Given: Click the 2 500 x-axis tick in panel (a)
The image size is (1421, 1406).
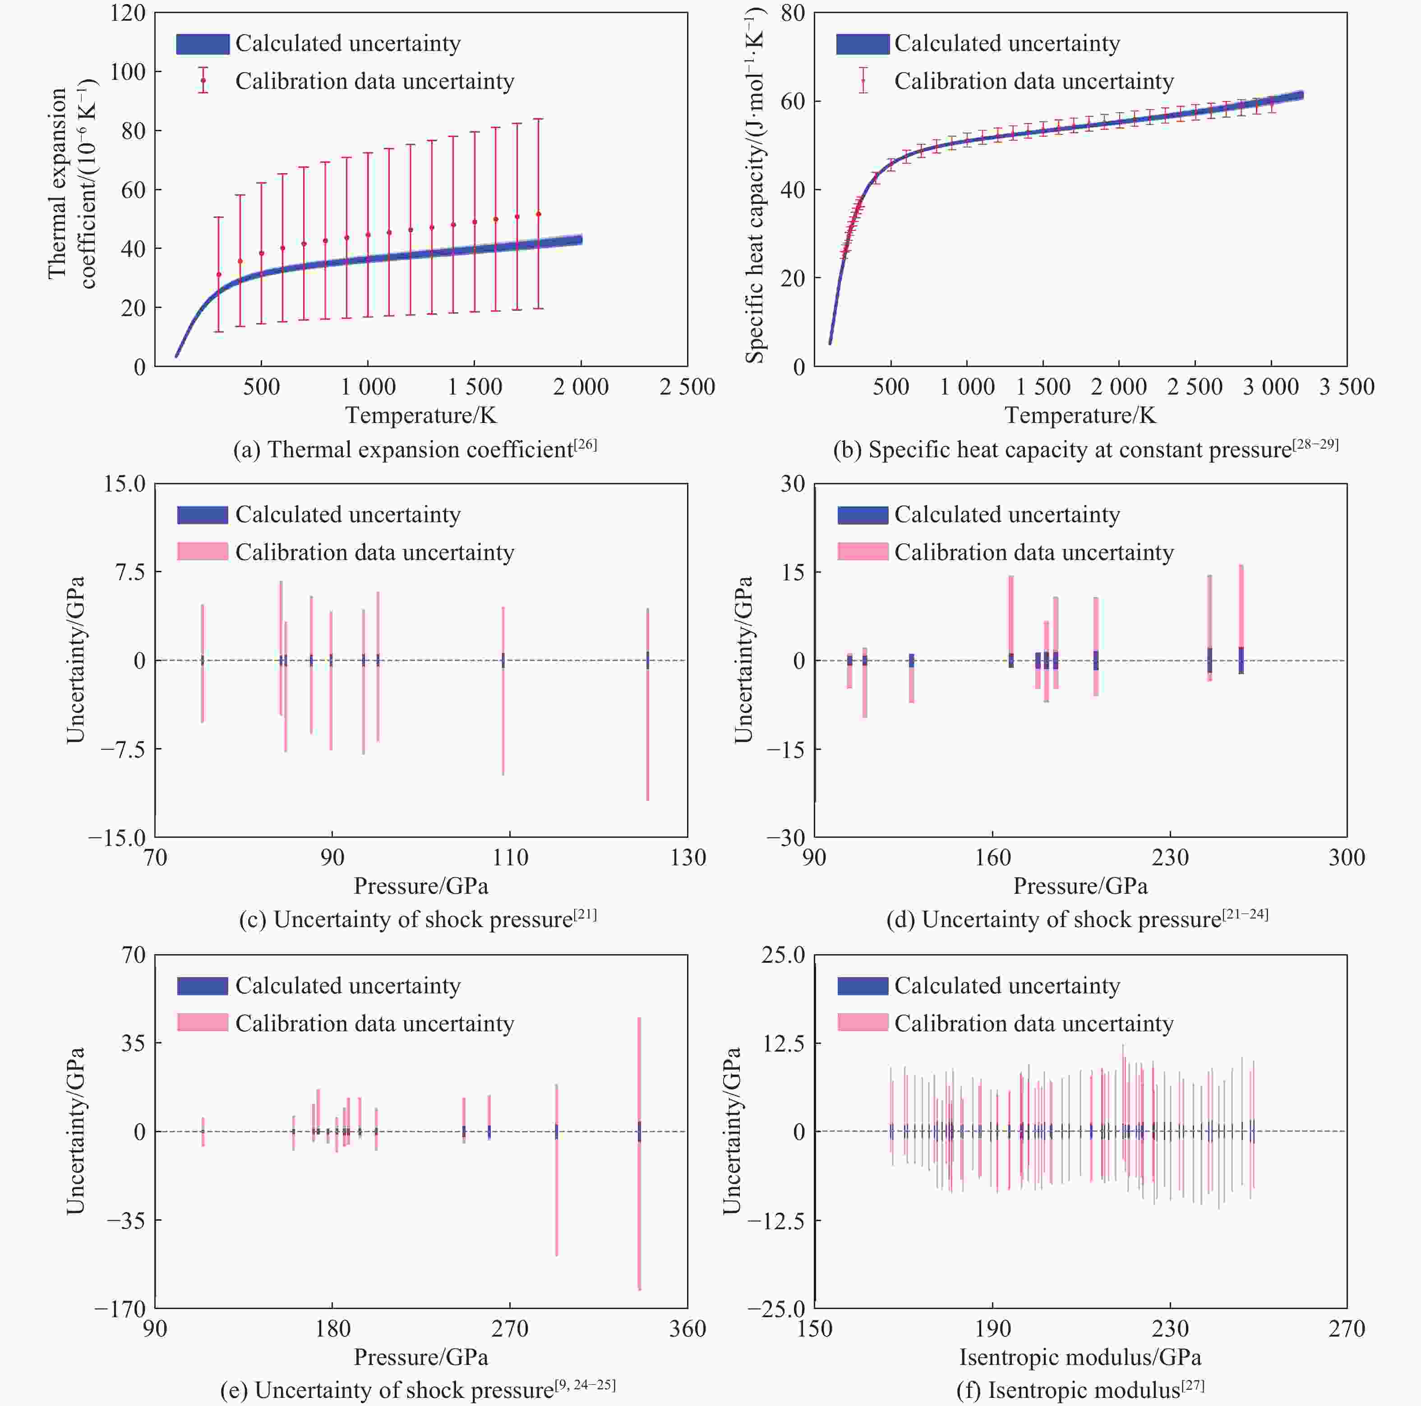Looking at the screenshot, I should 687,387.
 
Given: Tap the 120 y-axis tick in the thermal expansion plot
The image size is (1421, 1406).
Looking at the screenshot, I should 128,13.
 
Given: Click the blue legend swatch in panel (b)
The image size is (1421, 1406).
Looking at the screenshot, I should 862,44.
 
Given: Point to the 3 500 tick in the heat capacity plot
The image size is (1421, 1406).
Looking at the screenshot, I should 1347,387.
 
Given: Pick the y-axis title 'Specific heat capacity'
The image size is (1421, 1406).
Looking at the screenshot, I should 755,188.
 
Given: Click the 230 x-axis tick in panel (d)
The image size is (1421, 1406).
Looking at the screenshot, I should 1169,857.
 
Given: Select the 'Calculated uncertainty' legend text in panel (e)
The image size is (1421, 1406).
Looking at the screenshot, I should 348,985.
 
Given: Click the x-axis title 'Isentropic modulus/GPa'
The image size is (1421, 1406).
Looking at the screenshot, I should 1080,1357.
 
